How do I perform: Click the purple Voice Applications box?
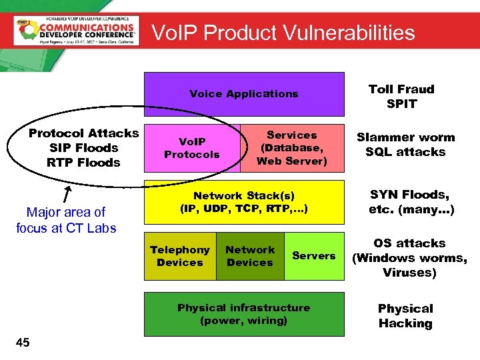(x=244, y=94)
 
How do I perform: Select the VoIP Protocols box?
(x=191, y=148)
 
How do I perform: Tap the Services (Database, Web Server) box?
(x=292, y=148)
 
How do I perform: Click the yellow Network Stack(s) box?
(x=244, y=201)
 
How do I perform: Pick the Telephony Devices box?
(x=180, y=256)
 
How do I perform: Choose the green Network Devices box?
(x=250, y=256)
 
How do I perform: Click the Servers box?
(x=314, y=256)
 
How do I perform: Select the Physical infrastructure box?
(x=244, y=314)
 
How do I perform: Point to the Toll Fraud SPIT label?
(x=401, y=97)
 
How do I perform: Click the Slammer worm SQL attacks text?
(x=405, y=145)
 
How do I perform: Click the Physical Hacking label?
(x=405, y=316)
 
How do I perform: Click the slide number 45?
(x=23, y=343)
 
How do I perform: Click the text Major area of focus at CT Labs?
(x=66, y=220)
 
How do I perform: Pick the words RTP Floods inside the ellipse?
(x=84, y=163)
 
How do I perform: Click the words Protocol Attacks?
(x=84, y=133)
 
